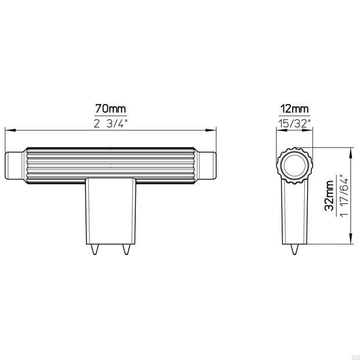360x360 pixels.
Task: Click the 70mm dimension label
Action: click(111, 109)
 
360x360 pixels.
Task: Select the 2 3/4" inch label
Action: click(111, 124)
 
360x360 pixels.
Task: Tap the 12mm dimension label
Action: click(295, 109)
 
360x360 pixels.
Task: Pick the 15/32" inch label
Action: click(295, 124)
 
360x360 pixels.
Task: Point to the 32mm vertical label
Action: click(329, 196)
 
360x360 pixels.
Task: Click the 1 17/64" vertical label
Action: click(344, 196)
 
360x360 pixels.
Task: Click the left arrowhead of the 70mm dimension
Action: click(10, 130)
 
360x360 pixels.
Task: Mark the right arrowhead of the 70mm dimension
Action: click(211, 130)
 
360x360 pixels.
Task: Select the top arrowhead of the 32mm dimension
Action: click(351, 153)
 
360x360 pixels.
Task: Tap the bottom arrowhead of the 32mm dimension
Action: click(351, 239)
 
